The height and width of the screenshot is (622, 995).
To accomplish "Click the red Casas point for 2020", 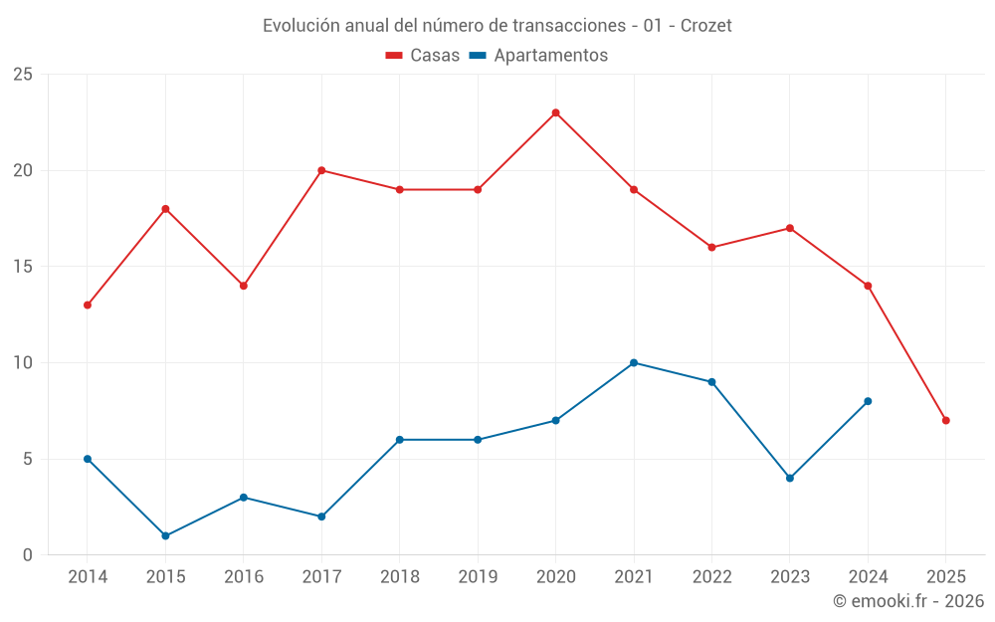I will [x=555, y=112].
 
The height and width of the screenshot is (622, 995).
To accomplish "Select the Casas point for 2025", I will [x=945, y=420].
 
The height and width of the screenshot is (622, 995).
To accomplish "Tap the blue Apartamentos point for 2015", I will [x=165, y=535].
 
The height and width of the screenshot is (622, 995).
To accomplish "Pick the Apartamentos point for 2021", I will [x=634, y=362].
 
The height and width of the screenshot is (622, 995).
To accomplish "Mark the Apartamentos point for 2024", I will [x=868, y=401].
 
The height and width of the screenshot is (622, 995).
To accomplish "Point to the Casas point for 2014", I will [x=88, y=305].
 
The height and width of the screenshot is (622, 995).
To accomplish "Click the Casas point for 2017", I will [x=321, y=170].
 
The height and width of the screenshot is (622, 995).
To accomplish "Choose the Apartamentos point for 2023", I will [x=790, y=478].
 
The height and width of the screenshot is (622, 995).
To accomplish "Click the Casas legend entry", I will [x=423, y=56].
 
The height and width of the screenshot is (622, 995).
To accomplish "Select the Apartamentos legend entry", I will [x=538, y=56].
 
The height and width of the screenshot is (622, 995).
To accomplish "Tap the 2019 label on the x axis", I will [x=478, y=577].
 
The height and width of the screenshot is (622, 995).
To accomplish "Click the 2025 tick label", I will [x=945, y=577].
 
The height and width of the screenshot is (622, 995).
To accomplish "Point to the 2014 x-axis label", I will [x=88, y=577].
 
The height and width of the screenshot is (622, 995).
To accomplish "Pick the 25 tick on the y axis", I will [x=23, y=75].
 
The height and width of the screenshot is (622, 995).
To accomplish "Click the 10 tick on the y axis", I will [x=23, y=362].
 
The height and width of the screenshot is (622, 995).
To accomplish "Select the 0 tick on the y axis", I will [x=28, y=554].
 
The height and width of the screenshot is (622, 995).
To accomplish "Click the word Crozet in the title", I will [x=705, y=26].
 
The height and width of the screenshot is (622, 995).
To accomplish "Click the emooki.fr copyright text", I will [x=907, y=601].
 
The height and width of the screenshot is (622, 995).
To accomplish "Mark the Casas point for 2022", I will [x=711, y=247].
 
